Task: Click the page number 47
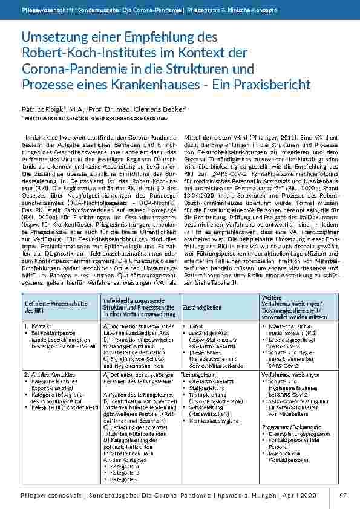(342, 495)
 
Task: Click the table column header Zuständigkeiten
(201, 306)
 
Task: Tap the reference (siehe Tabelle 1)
(211, 283)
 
